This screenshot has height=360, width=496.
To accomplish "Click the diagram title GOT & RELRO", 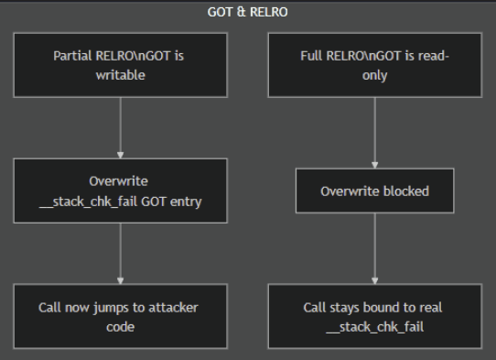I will pos(247,11).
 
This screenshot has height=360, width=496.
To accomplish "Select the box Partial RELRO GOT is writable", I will pos(120,65).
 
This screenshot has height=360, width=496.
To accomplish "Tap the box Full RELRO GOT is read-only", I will pos(375,65).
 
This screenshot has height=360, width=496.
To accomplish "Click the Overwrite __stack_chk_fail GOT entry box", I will pos(120,191).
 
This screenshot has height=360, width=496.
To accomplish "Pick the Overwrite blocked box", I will pos(375,191).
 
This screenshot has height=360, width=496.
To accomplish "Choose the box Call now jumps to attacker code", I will pos(120,317).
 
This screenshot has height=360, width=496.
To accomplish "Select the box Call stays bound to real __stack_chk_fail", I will pos(375,317).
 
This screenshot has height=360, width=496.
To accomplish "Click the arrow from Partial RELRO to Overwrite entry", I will pos(120,127).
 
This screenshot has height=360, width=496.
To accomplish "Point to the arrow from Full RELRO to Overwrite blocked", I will pos(375,133).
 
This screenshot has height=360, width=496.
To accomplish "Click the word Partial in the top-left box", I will pos(72,56).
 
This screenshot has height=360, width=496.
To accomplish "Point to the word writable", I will pos(120,74).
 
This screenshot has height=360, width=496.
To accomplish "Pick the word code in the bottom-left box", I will pos(120,326).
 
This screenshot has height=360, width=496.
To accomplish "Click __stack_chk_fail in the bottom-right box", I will pos(375,326).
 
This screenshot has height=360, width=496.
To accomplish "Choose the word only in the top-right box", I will pos(375,74).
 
